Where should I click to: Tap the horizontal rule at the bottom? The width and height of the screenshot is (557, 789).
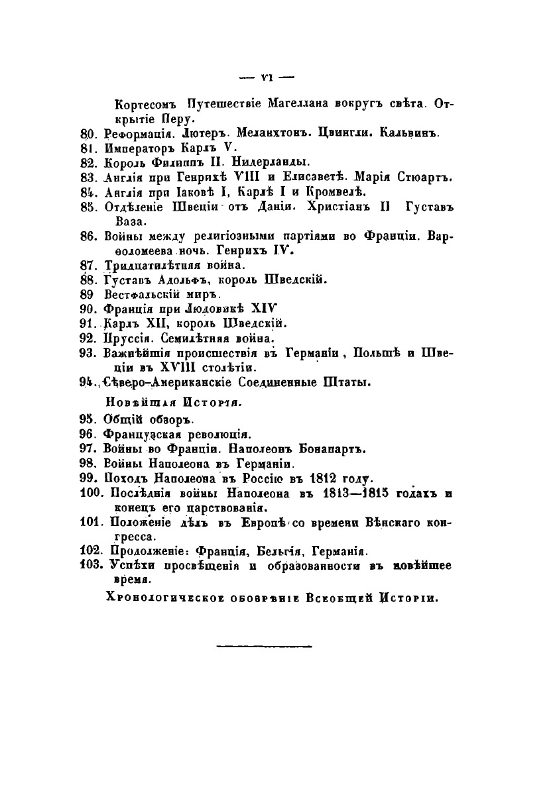pos(265,644)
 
